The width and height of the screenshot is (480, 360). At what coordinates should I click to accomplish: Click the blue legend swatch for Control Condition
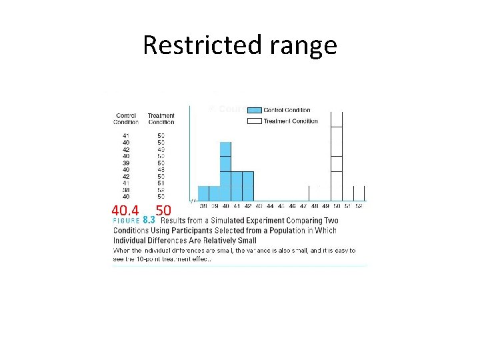coord(254,110)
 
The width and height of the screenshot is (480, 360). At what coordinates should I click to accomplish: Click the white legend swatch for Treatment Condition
coord(254,121)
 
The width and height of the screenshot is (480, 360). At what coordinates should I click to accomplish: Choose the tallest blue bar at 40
coord(225,171)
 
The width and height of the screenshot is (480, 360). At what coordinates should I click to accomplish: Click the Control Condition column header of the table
coord(126,119)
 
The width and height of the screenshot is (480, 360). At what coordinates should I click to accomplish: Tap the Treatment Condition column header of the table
coord(161,119)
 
